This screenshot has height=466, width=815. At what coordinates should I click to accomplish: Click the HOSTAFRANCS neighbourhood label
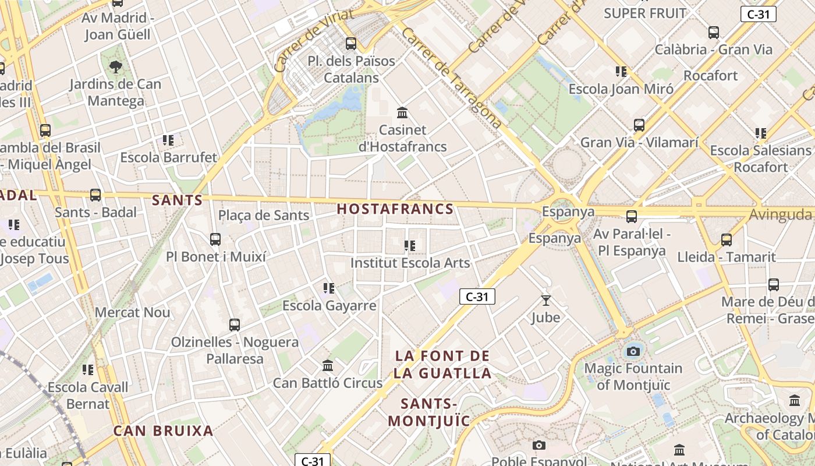[x=395, y=209]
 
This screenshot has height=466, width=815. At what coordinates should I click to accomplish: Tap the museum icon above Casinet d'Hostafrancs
[x=402, y=112]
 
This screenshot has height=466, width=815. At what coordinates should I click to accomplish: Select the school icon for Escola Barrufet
[x=168, y=140]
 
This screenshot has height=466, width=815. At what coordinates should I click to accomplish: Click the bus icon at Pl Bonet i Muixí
[x=215, y=239]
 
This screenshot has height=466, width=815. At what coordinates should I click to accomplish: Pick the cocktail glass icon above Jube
[x=545, y=300]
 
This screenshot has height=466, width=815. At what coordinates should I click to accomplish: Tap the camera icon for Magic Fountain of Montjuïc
[x=633, y=351]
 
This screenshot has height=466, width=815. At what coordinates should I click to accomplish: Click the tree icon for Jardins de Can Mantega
[x=116, y=66]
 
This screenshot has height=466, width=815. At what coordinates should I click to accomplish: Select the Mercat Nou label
[x=133, y=312]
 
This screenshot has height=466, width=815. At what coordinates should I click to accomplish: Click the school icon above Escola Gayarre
[x=329, y=288]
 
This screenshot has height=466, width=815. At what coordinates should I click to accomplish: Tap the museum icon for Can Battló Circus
[x=328, y=365]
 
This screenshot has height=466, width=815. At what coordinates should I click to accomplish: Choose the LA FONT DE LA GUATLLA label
[x=442, y=364]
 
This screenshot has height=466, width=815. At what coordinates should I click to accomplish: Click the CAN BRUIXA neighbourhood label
[x=163, y=431]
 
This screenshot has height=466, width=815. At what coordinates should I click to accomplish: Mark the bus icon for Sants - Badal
[x=95, y=195]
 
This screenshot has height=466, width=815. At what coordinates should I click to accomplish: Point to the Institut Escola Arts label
[x=410, y=263]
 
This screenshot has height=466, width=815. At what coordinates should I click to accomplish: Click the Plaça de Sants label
[x=264, y=216]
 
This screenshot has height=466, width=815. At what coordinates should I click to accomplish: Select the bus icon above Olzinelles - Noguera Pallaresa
[x=235, y=324]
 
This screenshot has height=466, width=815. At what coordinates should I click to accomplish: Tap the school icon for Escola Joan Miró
[x=621, y=72]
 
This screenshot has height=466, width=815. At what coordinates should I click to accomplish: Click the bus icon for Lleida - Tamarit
[x=727, y=239]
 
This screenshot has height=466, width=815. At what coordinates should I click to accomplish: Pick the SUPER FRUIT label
[x=645, y=13]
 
